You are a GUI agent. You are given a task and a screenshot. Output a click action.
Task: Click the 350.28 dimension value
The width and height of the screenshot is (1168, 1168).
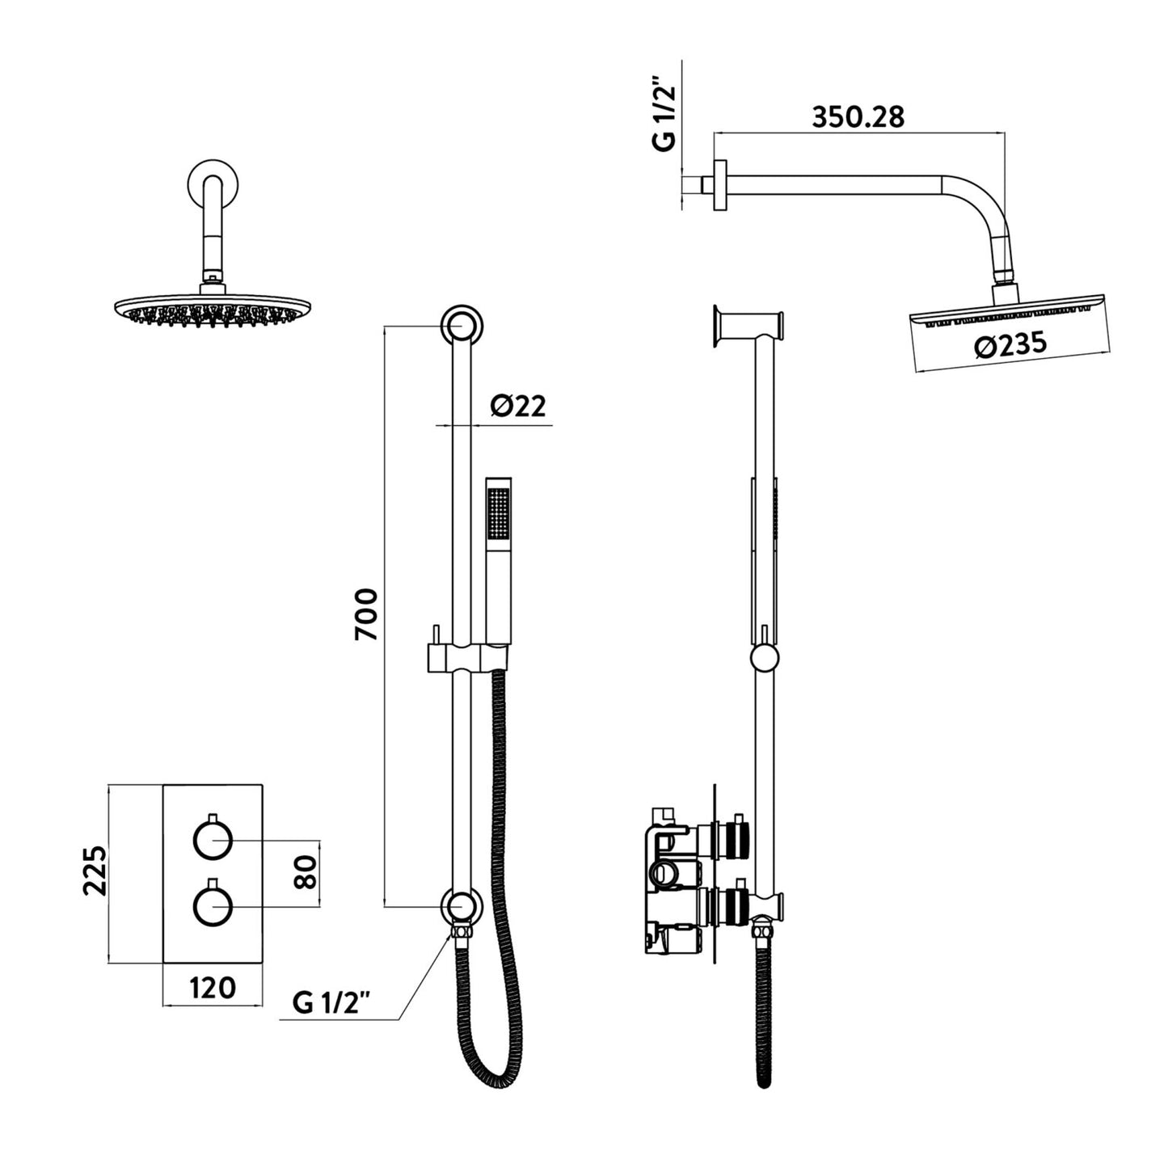(858, 116)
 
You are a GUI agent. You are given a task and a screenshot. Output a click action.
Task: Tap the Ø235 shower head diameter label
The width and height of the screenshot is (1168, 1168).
(1010, 345)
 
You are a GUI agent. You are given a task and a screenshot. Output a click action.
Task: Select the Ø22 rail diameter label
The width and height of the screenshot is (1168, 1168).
(518, 406)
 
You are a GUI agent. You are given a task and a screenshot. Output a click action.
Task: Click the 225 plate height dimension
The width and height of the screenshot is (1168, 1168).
(95, 870)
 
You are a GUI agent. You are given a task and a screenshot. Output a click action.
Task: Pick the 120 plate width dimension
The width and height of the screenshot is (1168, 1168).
(213, 988)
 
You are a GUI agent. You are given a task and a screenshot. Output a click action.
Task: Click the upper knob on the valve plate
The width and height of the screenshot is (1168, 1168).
(213, 841)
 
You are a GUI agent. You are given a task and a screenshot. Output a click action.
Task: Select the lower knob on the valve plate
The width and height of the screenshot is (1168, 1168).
(213, 905)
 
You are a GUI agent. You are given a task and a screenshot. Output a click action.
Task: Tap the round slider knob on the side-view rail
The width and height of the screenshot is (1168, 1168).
(765, 657)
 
